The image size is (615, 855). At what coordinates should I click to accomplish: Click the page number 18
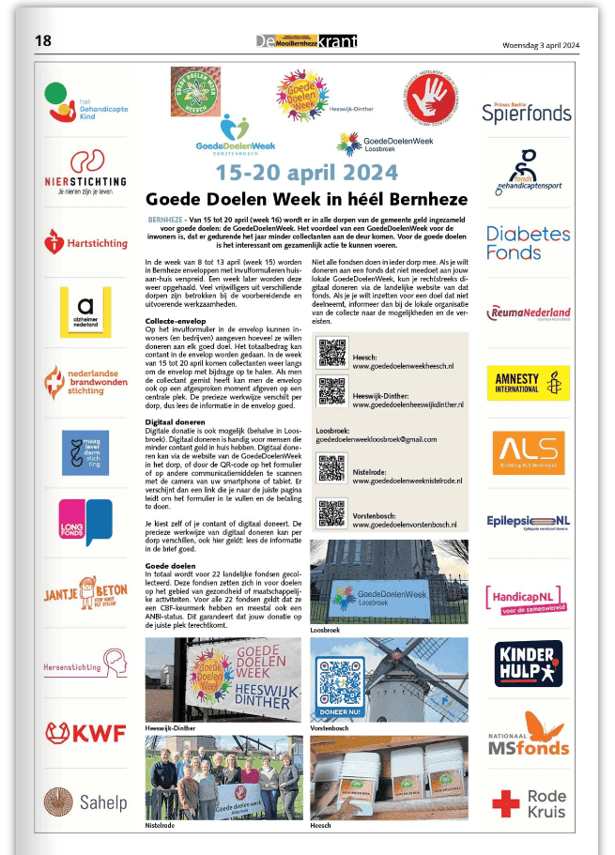(43, 40)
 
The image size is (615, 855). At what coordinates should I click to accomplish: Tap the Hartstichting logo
(85, 242)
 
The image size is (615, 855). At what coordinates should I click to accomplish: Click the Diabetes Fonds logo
(527, 242)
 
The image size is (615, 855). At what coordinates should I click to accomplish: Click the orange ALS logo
(527, 452)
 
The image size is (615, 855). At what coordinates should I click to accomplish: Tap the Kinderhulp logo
(528, 663)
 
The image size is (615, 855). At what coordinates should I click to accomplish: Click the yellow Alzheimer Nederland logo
(85, 312)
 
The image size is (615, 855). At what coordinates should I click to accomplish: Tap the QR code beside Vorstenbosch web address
(332, 513)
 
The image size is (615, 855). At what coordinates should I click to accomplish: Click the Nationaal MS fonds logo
(528, 734)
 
